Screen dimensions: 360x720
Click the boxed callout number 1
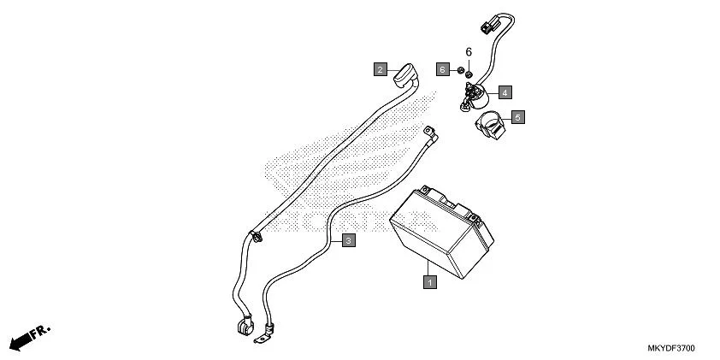coord(430,280)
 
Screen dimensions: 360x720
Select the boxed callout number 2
coord(380,68)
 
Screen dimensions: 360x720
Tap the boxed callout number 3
coord(348,240)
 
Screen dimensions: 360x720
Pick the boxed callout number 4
coord(505,91)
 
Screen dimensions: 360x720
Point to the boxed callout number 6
coord(442,68)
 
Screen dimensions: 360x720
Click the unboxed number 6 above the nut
coord(469,53)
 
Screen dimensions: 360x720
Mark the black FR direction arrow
coord(25,338)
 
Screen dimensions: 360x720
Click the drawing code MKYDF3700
coord(670,350)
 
